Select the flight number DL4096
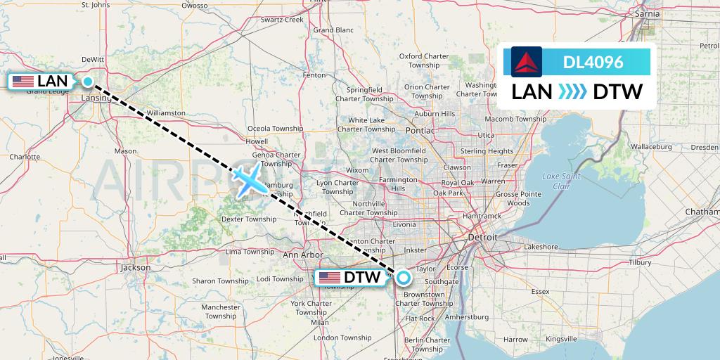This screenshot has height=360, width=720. tap(593, 62)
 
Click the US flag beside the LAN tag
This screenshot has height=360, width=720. tap(23, 82)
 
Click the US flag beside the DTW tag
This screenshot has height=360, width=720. tap(329, 278)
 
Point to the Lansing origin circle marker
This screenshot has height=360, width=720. tap(88, 82)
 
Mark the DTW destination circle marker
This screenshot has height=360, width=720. tap(403, 277)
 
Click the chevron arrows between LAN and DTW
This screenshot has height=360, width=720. tap(572, 92)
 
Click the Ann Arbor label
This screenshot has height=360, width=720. tap(302, 255)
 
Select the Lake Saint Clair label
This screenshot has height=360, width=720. tap(562, 181)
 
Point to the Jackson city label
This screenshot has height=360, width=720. tap(135, 267)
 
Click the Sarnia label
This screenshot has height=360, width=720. tap(647, 13)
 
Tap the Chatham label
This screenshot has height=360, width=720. tap(705, 212)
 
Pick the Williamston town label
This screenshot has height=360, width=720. tap(166, 112)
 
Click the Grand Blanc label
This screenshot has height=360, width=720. tap(333, 30)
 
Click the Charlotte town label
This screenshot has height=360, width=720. tap(25, 157)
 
